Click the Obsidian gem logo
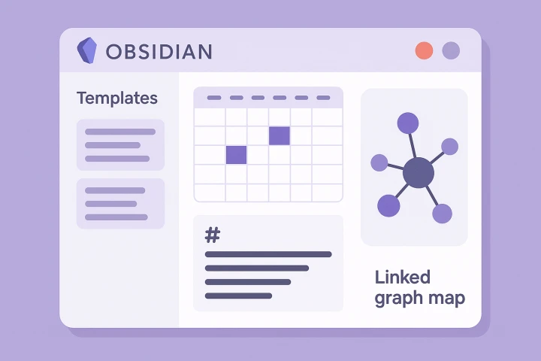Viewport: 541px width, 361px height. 87,50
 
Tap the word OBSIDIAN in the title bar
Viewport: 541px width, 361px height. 159,51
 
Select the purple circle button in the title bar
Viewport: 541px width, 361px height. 451,50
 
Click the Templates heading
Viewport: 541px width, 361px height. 117,98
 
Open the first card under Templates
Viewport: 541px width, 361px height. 120,144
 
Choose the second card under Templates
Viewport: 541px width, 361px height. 120,203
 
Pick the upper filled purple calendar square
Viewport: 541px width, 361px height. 280,135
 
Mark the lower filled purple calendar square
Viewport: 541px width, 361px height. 236,154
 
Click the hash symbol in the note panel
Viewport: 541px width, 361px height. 213,235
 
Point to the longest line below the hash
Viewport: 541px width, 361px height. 267,254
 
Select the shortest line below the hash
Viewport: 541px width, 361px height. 238,296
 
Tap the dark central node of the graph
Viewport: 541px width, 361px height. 418,174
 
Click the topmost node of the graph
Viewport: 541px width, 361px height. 407,123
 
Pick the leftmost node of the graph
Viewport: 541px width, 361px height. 379,162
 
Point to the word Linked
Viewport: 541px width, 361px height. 402,277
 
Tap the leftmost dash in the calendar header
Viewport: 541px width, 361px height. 213,98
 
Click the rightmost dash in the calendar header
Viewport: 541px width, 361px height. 324,98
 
